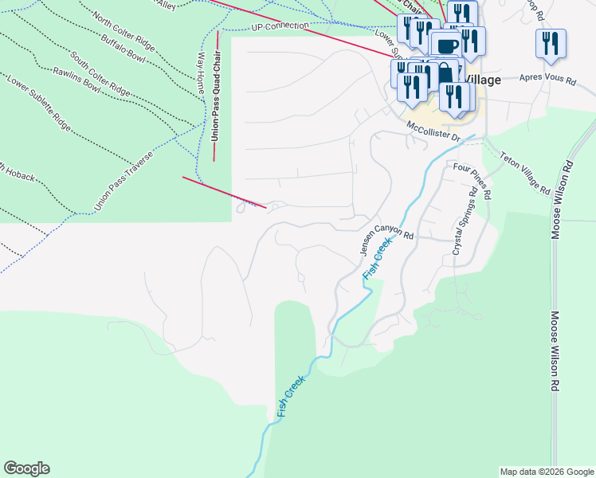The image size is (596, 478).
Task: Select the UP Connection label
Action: tap(279, 26)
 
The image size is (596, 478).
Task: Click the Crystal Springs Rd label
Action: tap(465, 224)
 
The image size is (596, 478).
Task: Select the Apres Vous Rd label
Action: tap(547, 79)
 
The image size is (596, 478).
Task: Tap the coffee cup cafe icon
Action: tap(447, 45)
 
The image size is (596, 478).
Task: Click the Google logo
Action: tap(26, 468)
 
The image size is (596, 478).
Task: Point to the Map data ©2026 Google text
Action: tap(547, 472)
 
